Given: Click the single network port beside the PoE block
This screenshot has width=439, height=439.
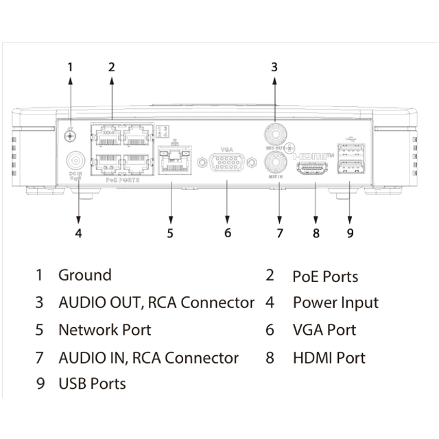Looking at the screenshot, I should (x=171, y=163).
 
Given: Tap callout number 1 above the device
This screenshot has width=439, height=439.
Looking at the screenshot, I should (x=70, y=67).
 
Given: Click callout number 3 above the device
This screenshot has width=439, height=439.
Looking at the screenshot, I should (x=274, y=67).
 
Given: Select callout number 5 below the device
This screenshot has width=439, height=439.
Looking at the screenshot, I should (x=169, y=233).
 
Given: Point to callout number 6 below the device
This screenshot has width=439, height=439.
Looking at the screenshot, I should (x=227, y=233).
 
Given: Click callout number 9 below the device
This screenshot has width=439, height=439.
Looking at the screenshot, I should (x=349, y=233).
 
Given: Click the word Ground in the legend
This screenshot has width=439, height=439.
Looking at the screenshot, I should (x=84, y=276).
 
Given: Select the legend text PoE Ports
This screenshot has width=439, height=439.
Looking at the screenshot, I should (x=325, y=276).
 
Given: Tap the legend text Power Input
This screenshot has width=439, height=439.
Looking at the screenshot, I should (x=335, y=302).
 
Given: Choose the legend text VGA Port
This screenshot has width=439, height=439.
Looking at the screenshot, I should (x=324, y=330).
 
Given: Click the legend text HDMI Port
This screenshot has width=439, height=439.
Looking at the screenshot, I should (x=329, y=357).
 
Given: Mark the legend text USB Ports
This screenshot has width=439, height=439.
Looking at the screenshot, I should (x=92, y=383).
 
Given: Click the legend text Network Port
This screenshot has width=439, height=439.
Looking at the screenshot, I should (x=104, y=330).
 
